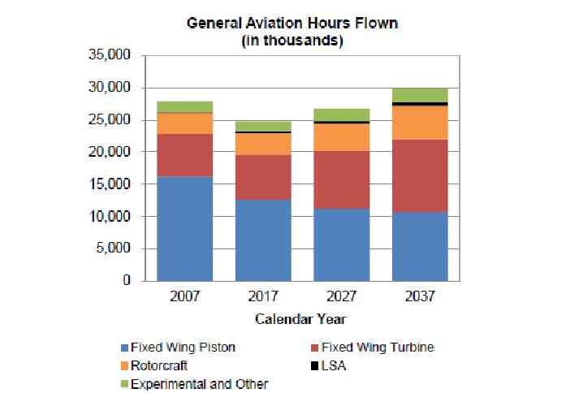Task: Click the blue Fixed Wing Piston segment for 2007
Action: click(x=184, y=228)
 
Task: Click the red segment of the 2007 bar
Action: click(x=184, y=155)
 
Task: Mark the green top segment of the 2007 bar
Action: click(x=184, y=107)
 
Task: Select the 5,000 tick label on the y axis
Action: click(x=116, y=248)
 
